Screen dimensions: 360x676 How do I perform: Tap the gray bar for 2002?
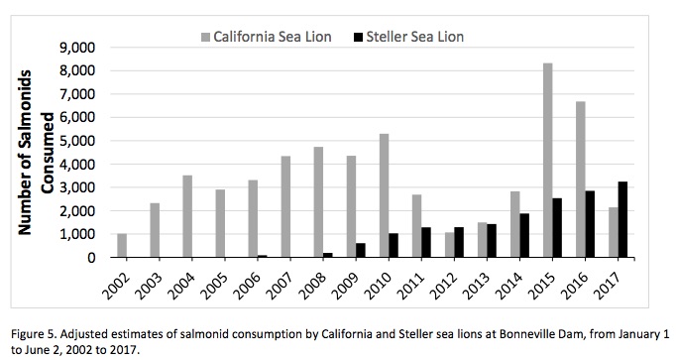coord(122,245)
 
